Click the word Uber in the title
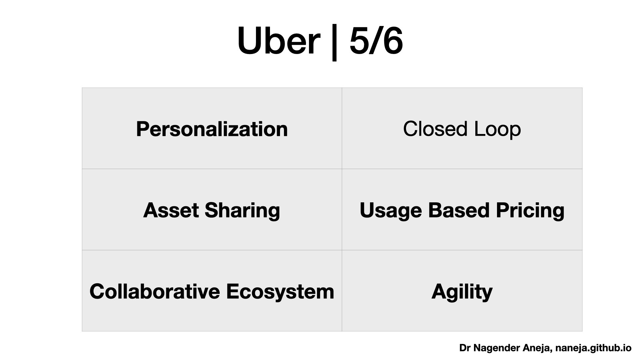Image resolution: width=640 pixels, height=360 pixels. [x=278, y=41]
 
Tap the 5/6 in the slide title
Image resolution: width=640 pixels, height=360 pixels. [x=376, y=41]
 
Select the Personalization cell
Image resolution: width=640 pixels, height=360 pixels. [x=212, y=129]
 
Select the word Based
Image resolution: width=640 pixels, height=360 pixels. [x=459, y=210]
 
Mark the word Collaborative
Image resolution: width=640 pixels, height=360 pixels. [x=155, y=291]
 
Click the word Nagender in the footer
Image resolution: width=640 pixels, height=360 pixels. [x=497, y=348]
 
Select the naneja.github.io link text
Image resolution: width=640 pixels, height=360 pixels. [x=593, y=348]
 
